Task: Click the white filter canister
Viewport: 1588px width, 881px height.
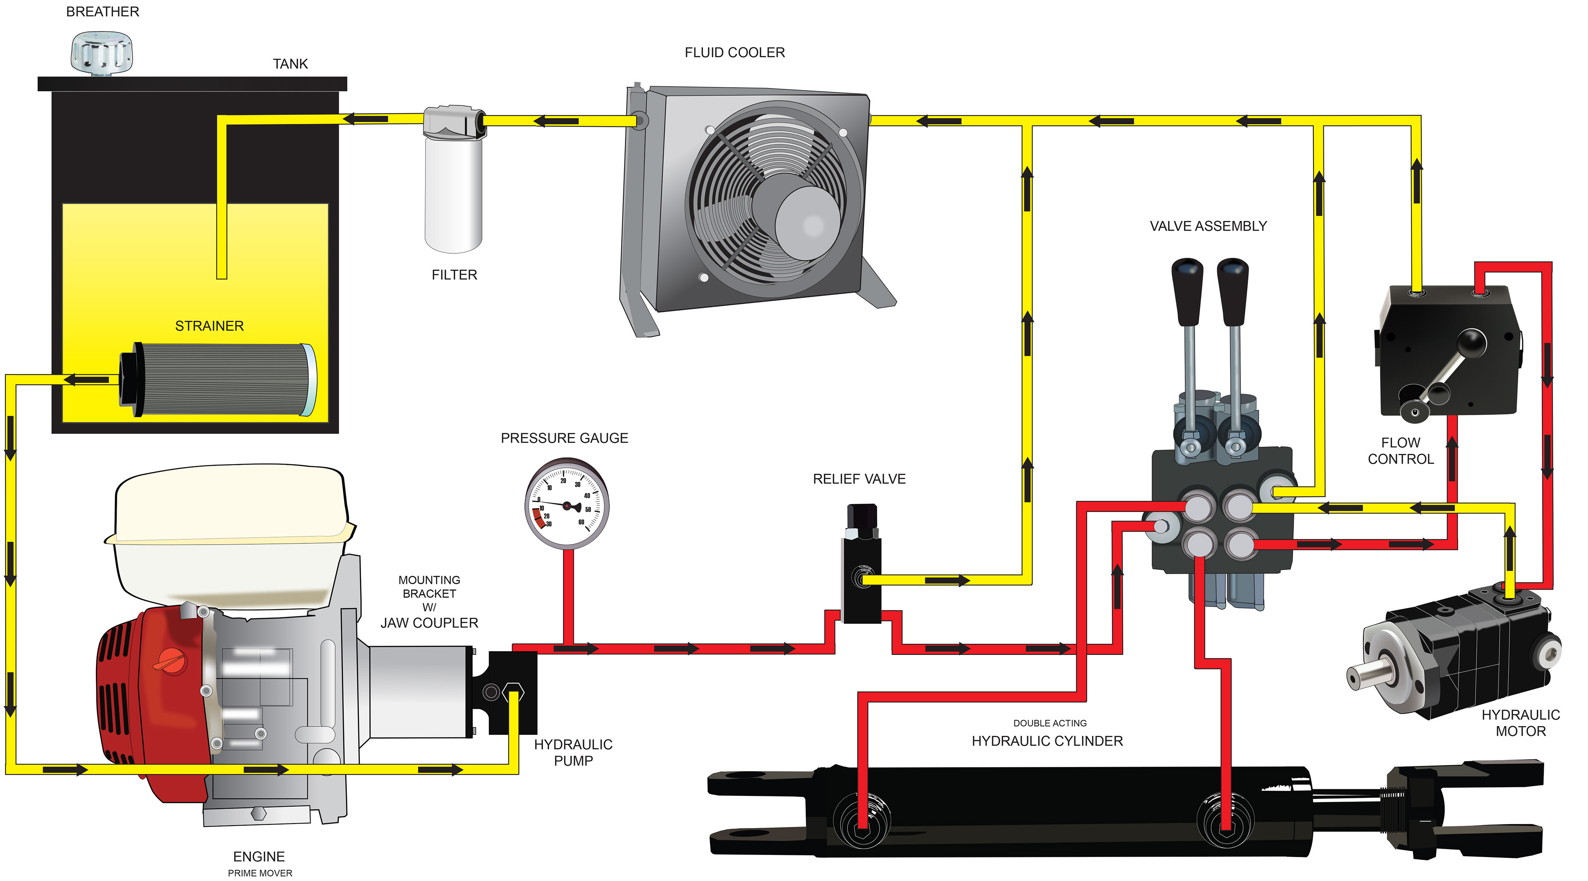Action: [453, 194]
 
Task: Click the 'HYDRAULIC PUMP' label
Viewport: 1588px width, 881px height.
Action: [573, 752]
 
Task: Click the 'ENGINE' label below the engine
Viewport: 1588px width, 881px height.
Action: [258, 856]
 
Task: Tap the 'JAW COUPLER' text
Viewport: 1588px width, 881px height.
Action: [429, 623]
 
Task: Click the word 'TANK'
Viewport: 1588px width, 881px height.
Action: [290, 64]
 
